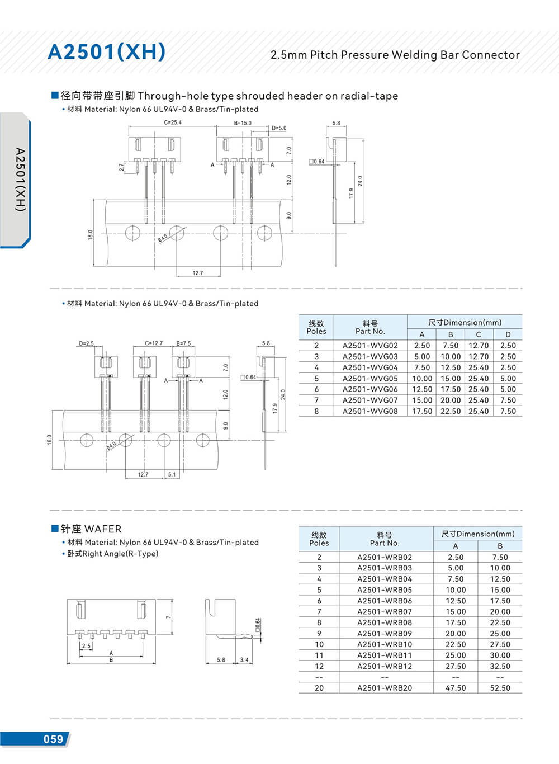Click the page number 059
coord(53,739)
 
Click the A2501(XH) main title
coord(106,51)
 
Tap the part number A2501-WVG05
coord(370,379)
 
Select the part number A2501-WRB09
coord(385,634)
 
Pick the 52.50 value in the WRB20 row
coord(500,688)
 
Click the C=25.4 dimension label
coord(173,122)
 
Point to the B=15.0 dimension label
coord(243,123)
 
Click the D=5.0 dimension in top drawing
coord(279,128)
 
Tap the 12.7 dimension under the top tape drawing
coord(198,273)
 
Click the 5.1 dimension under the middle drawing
coord(172,475)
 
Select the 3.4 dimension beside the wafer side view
coord(244,660)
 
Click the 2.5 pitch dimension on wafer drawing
coord(86,646)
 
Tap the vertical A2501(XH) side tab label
coord(20,179)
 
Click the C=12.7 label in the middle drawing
coord(154,343)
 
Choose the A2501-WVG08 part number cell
coord(370,411)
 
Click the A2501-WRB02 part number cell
coord(385,557)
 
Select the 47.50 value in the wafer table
coord(456,688)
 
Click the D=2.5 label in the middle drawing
coord(87,343)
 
